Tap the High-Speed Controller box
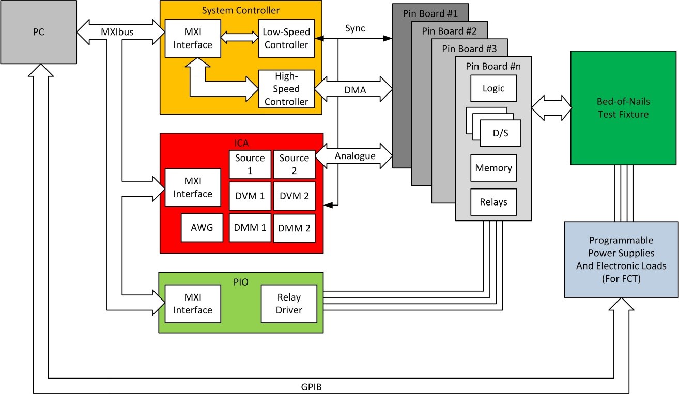[286, 89]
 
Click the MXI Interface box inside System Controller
[192, 38]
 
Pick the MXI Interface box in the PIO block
[192, 304]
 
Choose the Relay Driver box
[289, 304]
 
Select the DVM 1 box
[250, 196]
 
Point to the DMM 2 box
[294, 228]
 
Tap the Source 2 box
[294, 164]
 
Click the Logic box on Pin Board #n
[493, 88]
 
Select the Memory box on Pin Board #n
[493, 168]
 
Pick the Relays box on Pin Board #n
[493, 202]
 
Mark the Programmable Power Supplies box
[621, 259]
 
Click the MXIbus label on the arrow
[117, 32]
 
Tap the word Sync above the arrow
[355, 28]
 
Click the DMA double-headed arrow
[354, 89]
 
